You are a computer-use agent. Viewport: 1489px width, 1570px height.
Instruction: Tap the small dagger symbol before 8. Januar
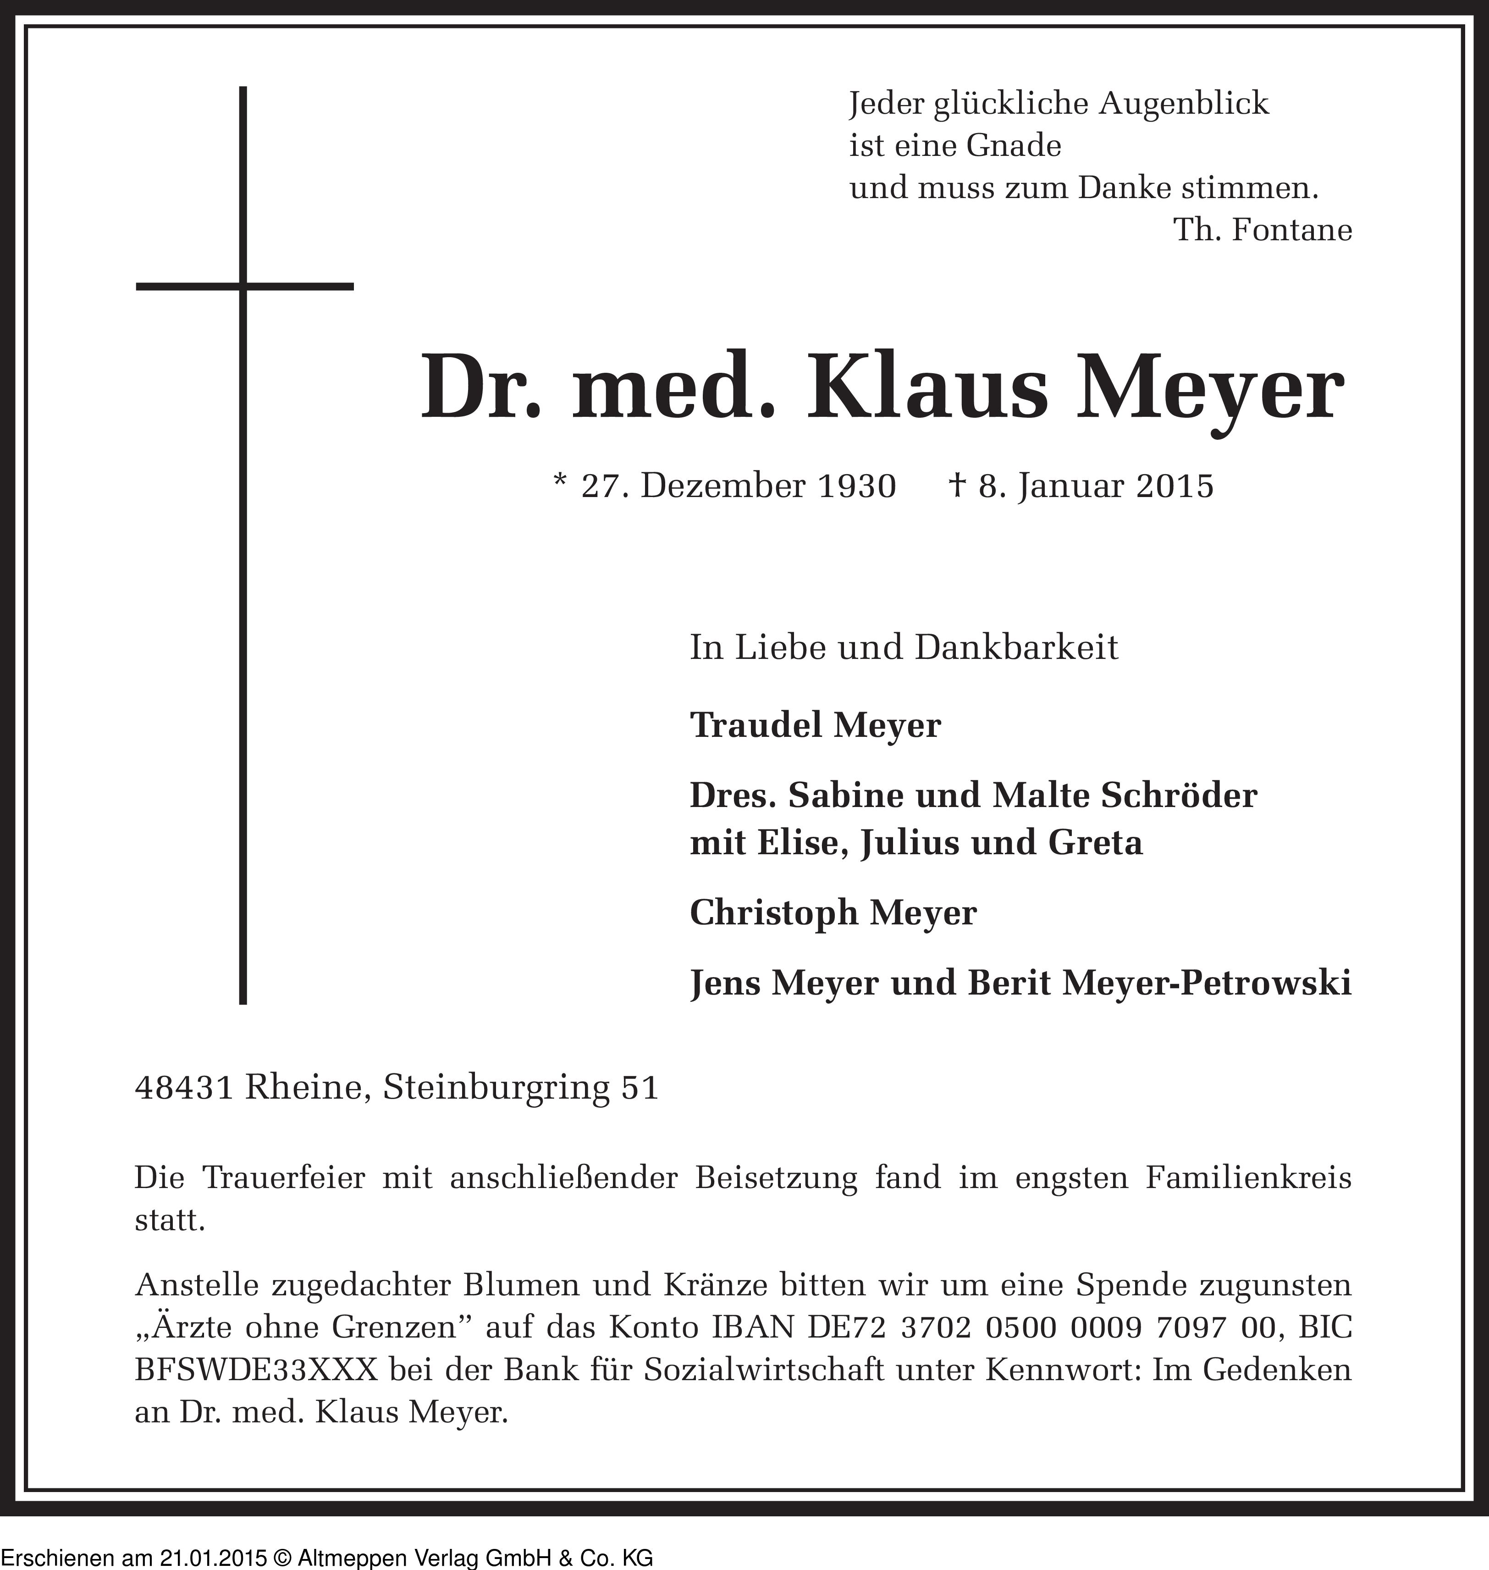(x=956, y=484)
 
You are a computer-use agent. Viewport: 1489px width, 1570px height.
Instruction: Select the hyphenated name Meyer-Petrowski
(x=1206, y=984)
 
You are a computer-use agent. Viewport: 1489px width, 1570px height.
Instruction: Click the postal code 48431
(x=184, y=1088)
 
